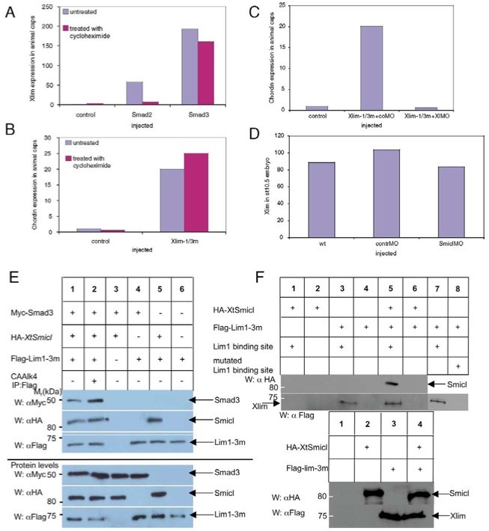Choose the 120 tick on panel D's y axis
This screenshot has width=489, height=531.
(297, 137)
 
